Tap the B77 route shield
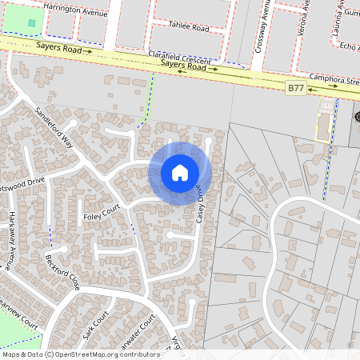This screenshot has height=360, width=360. point(297,87)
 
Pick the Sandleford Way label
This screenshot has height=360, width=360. point(54,126)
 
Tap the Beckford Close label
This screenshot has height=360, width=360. point(62,273)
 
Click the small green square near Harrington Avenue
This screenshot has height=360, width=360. point(32,22)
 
